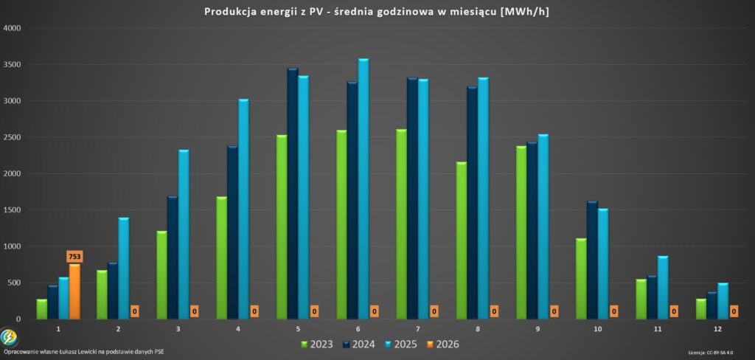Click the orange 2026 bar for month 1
74,292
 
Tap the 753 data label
74,257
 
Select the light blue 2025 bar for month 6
363,189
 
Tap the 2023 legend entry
317,344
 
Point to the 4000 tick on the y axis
13,28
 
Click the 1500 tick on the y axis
13,210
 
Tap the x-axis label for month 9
537,329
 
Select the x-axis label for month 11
657,329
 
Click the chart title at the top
377,11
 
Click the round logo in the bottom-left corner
9,337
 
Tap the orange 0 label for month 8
494,311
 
